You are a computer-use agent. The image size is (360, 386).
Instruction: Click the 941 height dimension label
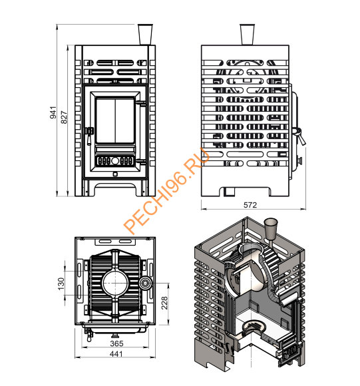pos(53,112)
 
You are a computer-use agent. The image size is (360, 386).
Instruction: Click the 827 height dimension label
pos(64,117)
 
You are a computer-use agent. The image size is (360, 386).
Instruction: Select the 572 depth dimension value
pos(250,205)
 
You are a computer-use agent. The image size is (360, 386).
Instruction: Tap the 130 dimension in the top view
pos(61,284)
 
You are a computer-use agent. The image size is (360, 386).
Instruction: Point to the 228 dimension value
pos(164,303)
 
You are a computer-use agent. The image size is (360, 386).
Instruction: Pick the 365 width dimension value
pos(116,343)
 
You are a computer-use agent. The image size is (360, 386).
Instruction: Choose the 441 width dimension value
pos(116,354)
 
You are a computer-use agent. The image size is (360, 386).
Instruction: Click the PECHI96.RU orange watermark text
pos(167,190)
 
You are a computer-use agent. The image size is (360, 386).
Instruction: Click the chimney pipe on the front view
pos(145,35)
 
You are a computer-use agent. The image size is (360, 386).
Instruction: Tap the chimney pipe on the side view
pos(247,35)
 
